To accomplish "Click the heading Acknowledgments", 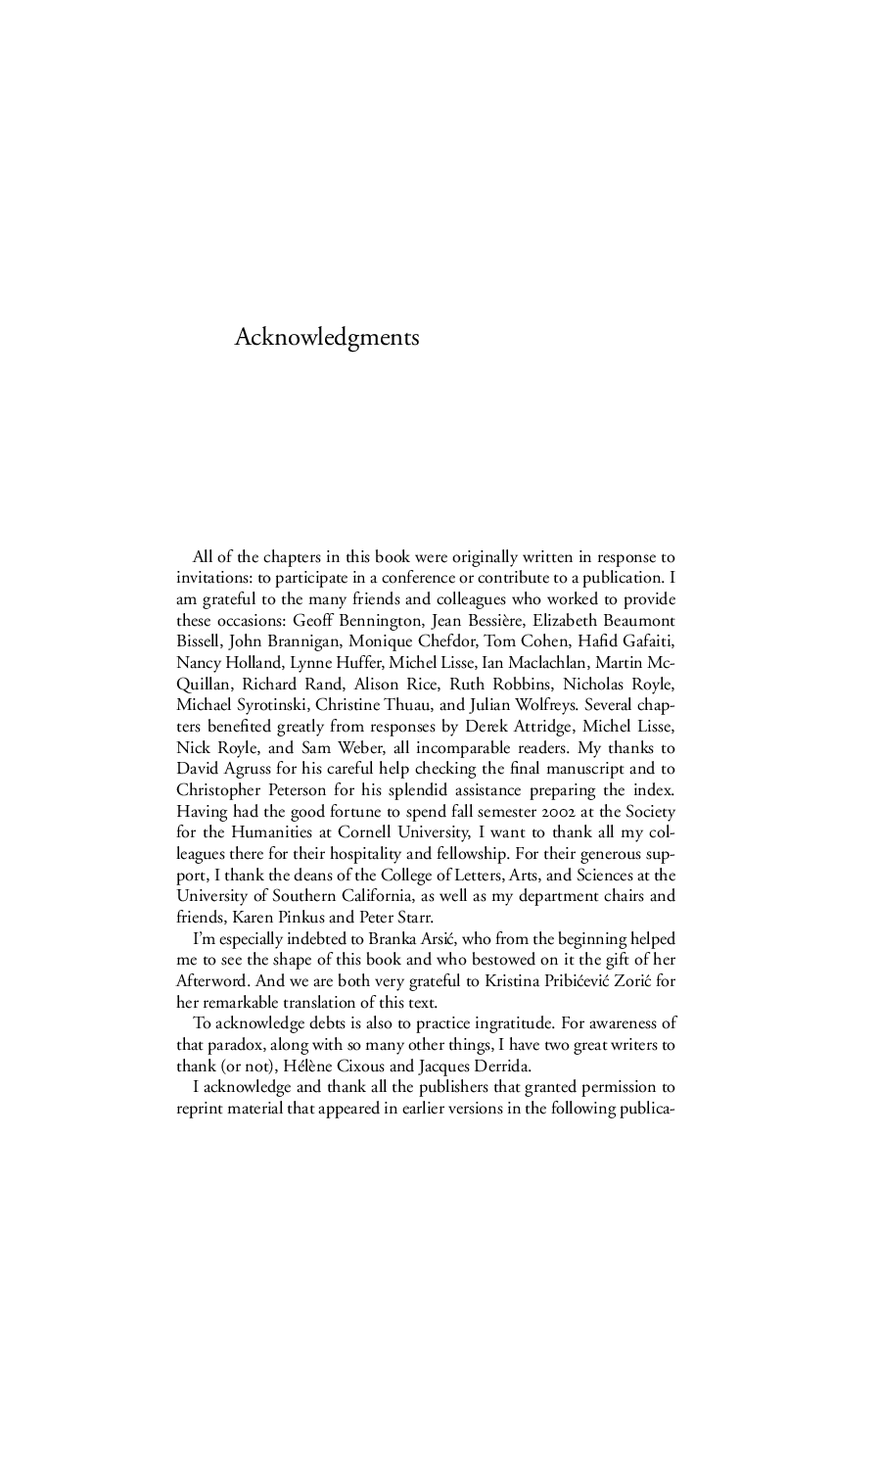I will [x=327, y=338].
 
